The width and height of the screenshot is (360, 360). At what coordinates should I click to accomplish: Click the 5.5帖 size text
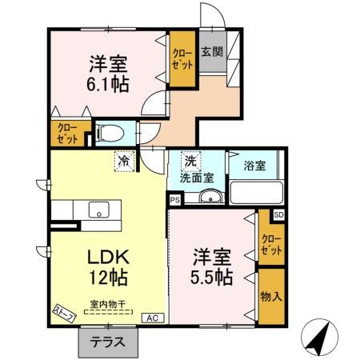pyautogui.click(x=211, y=278)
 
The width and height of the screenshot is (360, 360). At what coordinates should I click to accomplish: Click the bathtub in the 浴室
pyautogui.click(x=257, y=194)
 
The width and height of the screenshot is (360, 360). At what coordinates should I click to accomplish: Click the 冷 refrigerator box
pyautogui.click(x=125, y=160)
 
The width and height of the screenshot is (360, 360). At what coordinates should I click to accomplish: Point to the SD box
pyautogui.click(x=278, y=215)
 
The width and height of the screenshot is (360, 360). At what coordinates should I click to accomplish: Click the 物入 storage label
pyautogui.click(x=270, y=295)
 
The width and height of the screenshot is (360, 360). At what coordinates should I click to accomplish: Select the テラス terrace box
pyautogui.click(x=101, y=342)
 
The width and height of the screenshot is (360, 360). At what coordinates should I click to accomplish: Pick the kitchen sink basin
pyautogui.click(x=98, y=210)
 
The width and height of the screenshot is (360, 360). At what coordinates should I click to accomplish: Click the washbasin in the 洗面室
pyautogui.click(x=210, y=198)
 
